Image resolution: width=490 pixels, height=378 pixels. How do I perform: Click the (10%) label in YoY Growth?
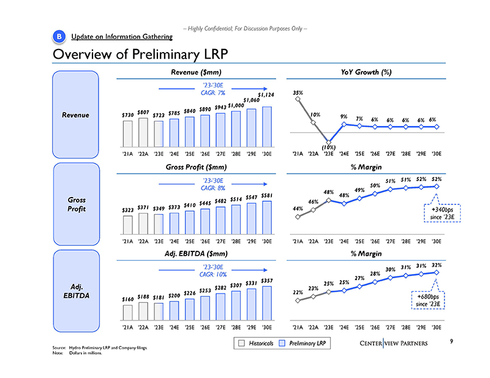(328, 147)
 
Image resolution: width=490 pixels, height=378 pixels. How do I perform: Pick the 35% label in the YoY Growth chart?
(298, 93)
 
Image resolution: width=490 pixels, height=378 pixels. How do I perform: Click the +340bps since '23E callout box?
(437, 216)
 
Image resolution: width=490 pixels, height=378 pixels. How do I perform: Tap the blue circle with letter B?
(59, 37)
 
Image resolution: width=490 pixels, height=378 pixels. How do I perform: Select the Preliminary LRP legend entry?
(306, 344)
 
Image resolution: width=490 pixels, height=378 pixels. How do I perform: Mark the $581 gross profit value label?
(266, 195)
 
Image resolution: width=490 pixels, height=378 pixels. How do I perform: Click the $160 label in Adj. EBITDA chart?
(127, 298)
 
